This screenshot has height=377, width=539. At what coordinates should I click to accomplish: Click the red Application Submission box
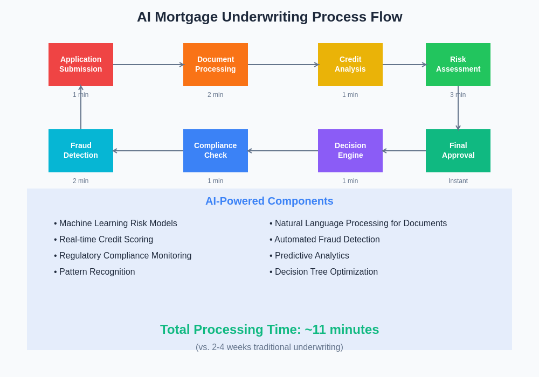tap(81, 65)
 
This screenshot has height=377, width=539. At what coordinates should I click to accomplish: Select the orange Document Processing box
tap(216, 65)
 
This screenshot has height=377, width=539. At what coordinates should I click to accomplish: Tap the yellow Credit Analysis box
tap(350, 65)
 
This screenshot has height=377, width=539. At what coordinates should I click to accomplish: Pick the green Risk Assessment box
tap(458, 65)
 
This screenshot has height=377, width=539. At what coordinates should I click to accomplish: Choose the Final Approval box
tap(458, 151)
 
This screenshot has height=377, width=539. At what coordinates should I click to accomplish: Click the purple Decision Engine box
tap(350, 151)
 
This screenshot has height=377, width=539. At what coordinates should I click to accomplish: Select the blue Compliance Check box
tap(216, 151)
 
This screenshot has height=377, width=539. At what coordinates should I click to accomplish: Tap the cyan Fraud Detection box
tap(81, 151)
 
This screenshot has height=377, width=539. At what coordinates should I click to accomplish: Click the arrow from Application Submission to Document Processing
tap(149, 65)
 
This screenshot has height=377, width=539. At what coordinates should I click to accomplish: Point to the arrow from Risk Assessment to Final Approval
tap(458, 108)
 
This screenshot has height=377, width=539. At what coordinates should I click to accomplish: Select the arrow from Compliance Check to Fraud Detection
tap(148, 151)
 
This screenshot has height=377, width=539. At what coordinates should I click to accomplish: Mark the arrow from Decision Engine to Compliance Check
tap(283, 151)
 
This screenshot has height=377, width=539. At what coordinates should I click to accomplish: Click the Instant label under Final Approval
tap(458, 181)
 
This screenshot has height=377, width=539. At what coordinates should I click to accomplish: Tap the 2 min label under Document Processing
tap(215, 95)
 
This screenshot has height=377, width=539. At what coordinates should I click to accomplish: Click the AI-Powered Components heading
tap(269, 201)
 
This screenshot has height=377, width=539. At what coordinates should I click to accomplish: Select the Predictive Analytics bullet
tap(309, 255)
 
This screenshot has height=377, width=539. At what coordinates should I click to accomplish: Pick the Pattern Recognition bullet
tap(94, 271)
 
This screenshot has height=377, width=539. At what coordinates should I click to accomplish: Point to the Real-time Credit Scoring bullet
tap(103, 239)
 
